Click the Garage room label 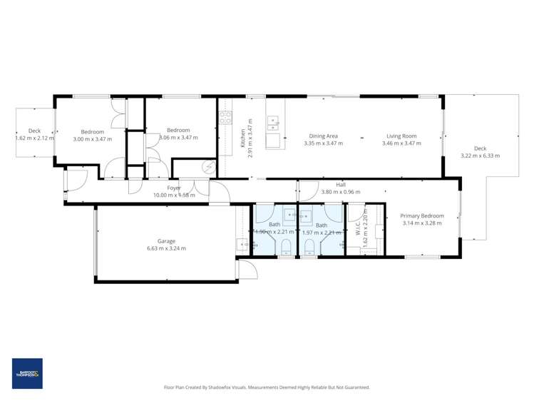[x=167, y=241]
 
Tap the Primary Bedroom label [x=421, y=215]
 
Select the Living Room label [x=401, y=136]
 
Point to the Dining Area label [x=323, y=136]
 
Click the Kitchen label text [x=242, y=133]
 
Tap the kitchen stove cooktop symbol [x=225, y=118]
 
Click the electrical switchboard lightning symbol [x=207, y=167]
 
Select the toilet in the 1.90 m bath [x=285, y=247]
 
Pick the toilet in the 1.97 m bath [x=309, y=247]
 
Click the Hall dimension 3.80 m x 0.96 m [x=340, y=191]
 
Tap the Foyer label [x=165, y=187]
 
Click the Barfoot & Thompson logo [x=27, y=373]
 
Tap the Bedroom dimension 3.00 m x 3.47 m [x=92, y=139]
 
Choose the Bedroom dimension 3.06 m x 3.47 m [x=179, y=138]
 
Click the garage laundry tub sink [x=242, y=245]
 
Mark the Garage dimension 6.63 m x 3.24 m [x=167, y=248]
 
